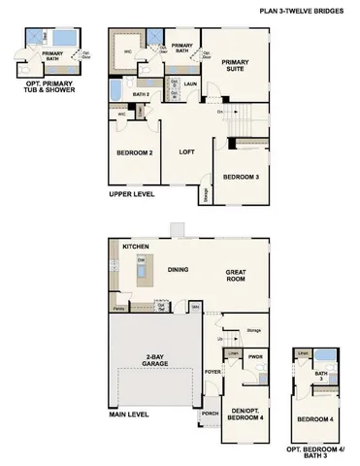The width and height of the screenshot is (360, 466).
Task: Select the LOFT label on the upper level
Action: point(188,152)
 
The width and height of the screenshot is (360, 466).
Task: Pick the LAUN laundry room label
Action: point(191,85)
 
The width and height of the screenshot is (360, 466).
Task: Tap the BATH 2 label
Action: point(140,94)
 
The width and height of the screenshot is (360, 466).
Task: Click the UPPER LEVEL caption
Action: point(129,195)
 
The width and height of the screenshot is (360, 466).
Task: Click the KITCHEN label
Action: point(135,248)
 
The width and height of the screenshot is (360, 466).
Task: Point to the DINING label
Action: point(178,269)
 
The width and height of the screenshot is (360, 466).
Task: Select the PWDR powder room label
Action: point(255,356)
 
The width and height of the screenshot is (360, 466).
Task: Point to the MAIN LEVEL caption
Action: point(129,415)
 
